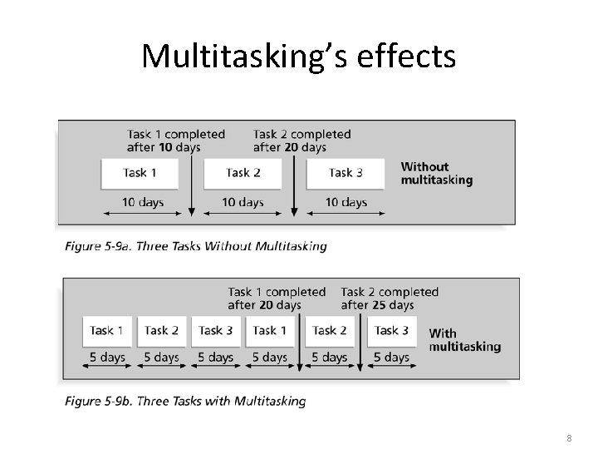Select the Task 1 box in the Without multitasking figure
140,173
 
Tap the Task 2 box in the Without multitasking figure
243,173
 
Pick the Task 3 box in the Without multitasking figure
346,173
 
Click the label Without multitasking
436,173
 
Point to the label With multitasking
464,340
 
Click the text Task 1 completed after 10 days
175,141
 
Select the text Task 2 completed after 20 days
301,141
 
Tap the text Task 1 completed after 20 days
277,299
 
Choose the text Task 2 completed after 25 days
389,299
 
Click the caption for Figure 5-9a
195,246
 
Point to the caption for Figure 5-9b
184,402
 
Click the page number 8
568,437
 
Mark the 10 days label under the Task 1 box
143,202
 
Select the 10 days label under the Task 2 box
243,202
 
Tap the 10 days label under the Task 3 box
346,202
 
